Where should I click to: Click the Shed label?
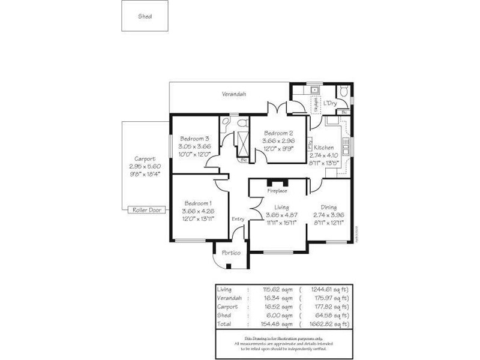[145, 16]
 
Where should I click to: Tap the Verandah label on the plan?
[235, 94]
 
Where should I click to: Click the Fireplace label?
[277, 191]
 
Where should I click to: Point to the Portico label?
[231, 253]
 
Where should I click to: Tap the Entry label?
[238, 219]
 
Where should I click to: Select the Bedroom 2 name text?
[278, 133]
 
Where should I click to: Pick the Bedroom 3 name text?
[194, 139]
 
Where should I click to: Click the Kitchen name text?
[324, 148]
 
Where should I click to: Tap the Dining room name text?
[328, 206]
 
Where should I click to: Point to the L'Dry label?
[329, 103]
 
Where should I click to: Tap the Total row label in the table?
[223, 323]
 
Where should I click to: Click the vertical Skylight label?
[315, 104]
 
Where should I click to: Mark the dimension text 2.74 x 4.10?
[324, 155]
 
